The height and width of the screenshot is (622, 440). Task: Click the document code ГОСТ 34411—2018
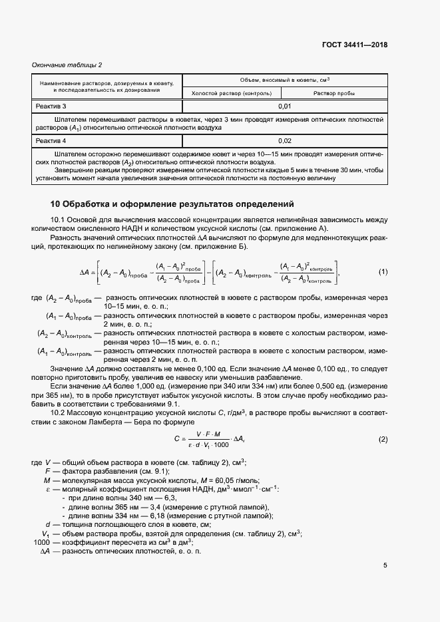(x=353, y=45)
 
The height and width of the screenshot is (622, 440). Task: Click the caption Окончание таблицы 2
(x=67, y=65)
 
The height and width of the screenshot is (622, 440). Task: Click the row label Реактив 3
(x=51, y=106)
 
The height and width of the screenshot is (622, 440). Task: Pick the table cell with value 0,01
(x=284, y=106)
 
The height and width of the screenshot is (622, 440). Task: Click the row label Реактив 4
(x=51, y=141)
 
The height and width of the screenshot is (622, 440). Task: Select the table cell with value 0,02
(x=284, y=141)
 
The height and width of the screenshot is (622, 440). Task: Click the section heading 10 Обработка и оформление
(x=172, y=204)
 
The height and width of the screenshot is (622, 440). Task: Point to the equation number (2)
(x=383, y=440)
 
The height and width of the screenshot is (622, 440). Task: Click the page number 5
(x=385, y=566)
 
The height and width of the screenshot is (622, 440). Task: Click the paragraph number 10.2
(x=61, y=412)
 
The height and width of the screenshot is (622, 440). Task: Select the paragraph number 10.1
(x=61, y=220)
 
